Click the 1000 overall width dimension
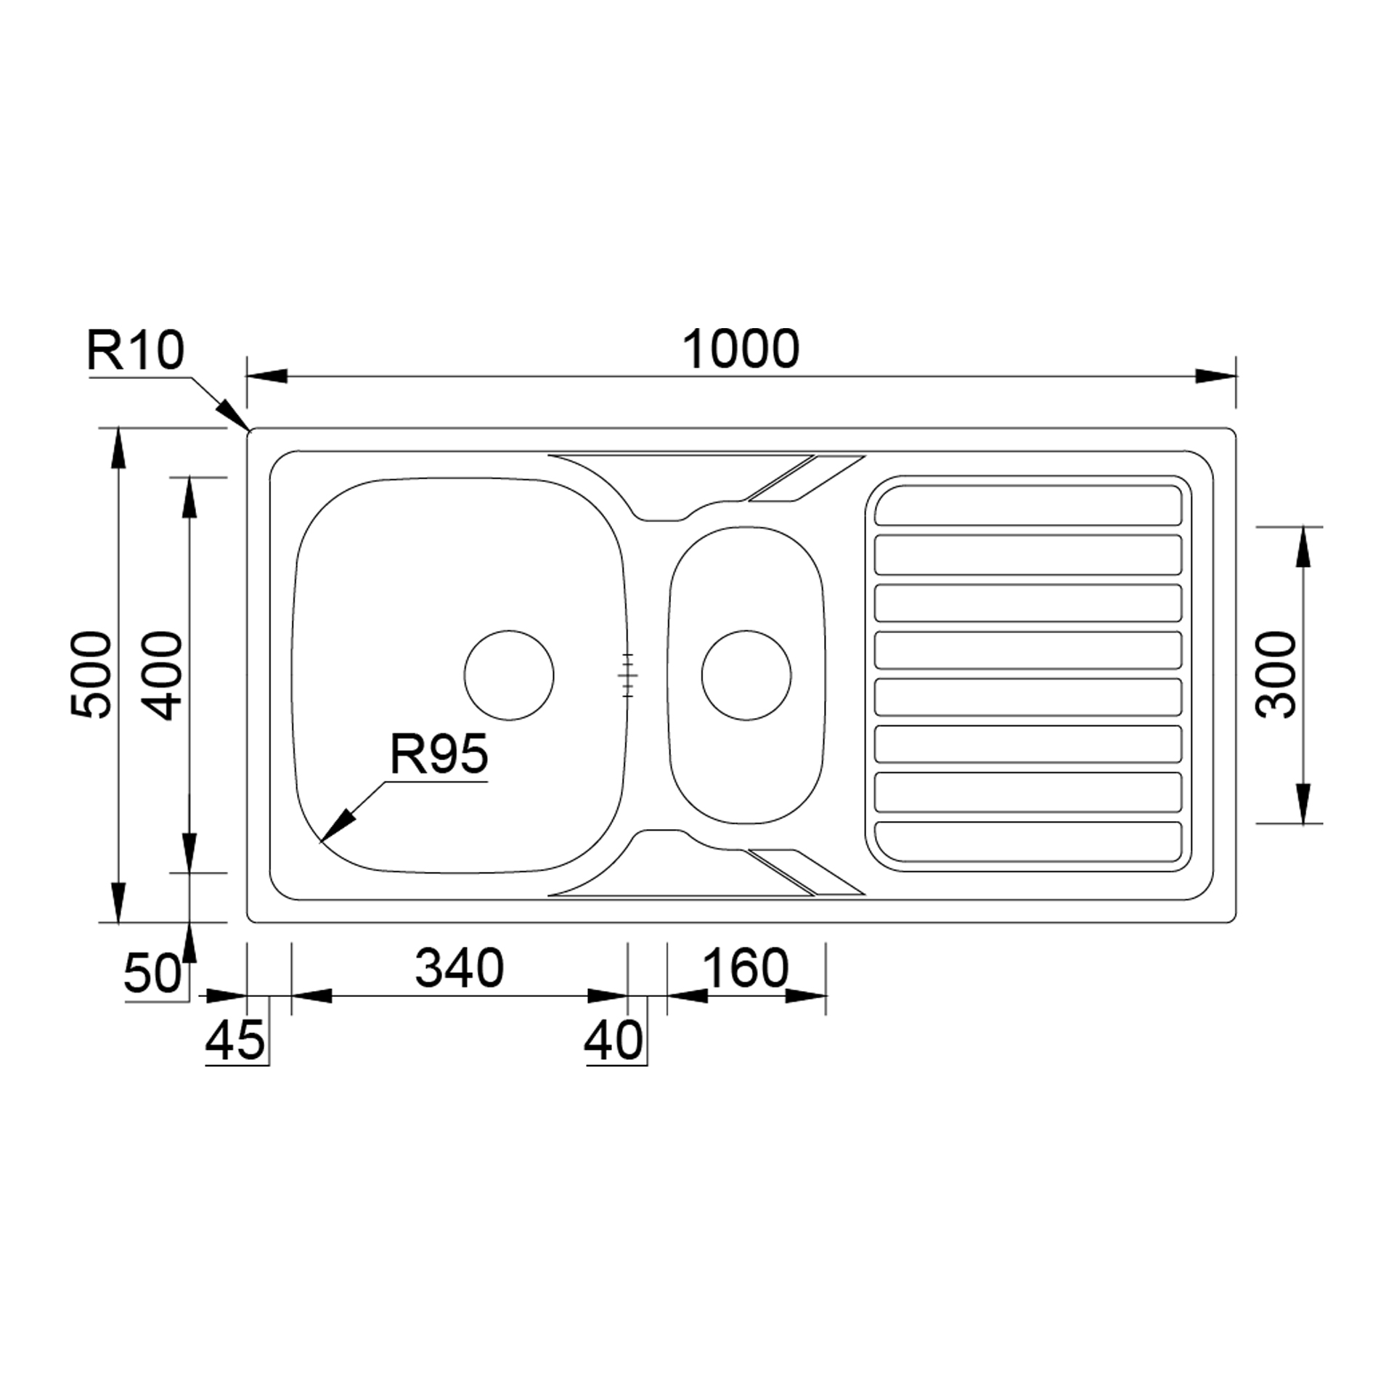coord(741,349)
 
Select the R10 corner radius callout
coord(136,351)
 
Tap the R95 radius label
coord(439,754)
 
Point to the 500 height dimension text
coord(92,675)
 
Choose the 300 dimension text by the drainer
coord(1276,675)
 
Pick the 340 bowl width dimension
coord(459,968)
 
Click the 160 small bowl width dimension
coord(745,968)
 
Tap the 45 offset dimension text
coord(235,1040)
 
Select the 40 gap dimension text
coord(614,1040)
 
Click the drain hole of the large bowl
coord(509,675)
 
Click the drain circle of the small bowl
coord(746,675)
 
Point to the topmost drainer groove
coord(1028,505)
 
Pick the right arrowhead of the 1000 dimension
coord(1215,377)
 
